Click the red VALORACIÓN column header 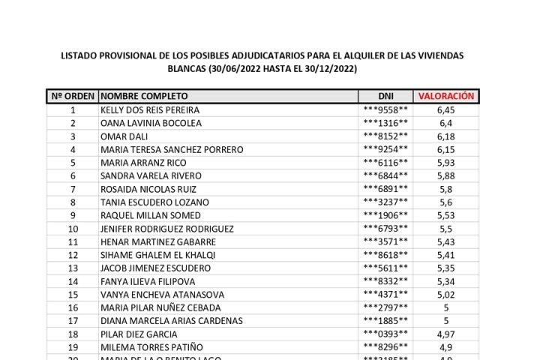coord(445,96)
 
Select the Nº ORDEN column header coord(73,96)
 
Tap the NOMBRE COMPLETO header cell coord(144,96)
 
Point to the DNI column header coord(385,96)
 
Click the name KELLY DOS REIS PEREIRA coord(150,109)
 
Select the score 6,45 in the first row coord(445,109)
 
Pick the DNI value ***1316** coord(385,123)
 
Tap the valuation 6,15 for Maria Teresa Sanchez coord(445,149)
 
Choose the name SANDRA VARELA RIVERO coord(145,175)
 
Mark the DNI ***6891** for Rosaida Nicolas coord(385,189)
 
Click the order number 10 coord(73,229)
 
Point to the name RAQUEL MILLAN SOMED coord(145,215)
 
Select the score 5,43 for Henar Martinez coord(445,241)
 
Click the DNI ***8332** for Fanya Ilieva coord(385,281)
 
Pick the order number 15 coord(73,295)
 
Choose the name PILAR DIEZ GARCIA coord(139,334)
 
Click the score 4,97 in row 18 coord(445,334)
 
